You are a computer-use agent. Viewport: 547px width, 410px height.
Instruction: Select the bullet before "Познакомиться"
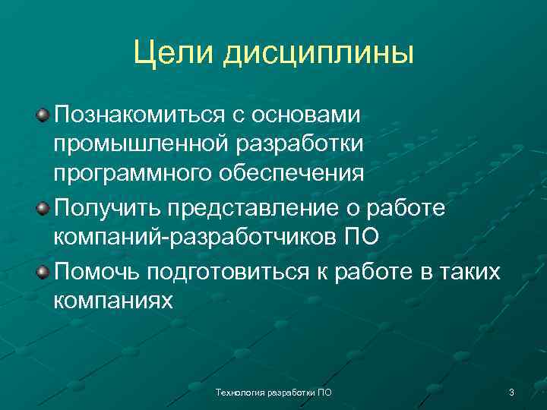coord(43,114)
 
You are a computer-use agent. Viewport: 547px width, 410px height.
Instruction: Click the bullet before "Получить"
coord(43,207)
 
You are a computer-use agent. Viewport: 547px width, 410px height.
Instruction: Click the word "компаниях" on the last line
coord(113,300)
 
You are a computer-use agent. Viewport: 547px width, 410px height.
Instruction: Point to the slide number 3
coord(511,393)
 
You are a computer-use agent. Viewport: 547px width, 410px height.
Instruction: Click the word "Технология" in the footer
coord(239,393)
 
